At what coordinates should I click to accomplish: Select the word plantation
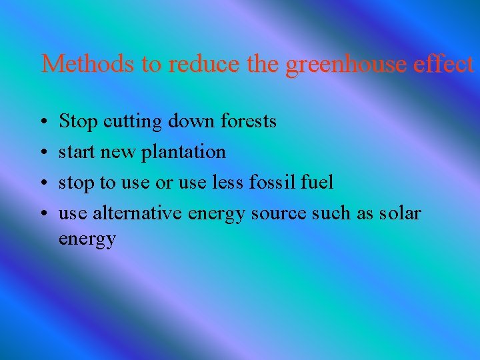click(x=183, y=152)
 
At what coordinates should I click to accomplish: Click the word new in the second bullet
click(x=118, y=153)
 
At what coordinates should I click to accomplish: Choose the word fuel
click(x=317, y=182)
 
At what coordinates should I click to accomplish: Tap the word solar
click(x=400, y=213)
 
